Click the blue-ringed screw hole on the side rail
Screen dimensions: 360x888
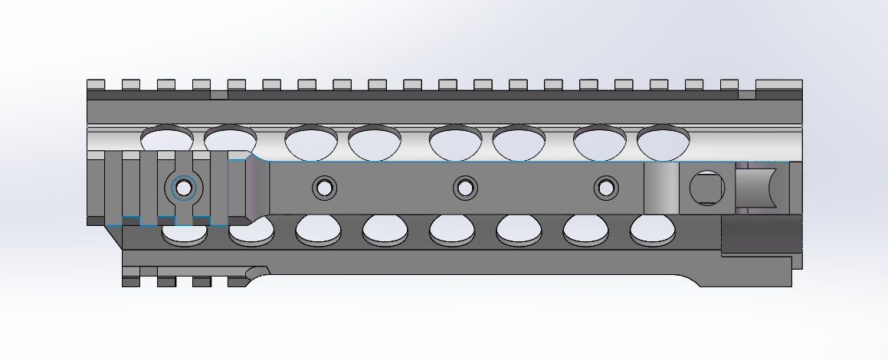(x=184, y=187)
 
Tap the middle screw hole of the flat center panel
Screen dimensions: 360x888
(x=464, y=187)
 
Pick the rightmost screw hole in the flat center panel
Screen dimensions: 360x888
(x=607, y=187)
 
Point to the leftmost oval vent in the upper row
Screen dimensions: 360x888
(x=167, y=138)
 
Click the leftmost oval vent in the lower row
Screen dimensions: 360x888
(x=185, y=233)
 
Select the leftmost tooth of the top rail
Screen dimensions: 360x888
(x=96, y=84)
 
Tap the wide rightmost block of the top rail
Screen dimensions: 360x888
(x=778, y=84)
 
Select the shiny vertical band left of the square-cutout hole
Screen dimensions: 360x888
(x=661, y=188)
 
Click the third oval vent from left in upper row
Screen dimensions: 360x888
(x=311, y=142)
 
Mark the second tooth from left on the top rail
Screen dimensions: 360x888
(x=131, y=84)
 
